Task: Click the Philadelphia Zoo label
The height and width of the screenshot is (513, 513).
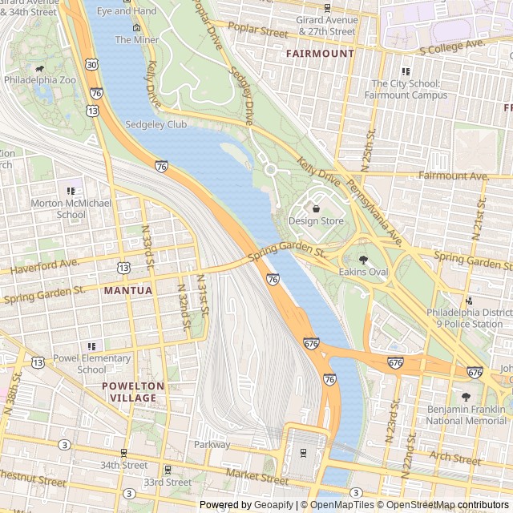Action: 39,81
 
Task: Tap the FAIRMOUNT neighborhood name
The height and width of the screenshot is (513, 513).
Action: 320,54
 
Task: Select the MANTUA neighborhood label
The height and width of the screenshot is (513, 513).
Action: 127,290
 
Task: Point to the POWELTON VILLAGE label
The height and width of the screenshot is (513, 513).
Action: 133,392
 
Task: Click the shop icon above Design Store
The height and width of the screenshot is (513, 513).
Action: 316,208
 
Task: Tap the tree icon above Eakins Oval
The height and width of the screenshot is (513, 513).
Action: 363,259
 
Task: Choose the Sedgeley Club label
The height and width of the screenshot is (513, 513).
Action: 156,125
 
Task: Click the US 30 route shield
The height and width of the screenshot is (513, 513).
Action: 93,63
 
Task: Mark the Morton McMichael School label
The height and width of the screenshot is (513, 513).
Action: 71,209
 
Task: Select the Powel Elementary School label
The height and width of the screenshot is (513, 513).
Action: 91,364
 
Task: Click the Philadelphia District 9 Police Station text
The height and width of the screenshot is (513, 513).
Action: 465,318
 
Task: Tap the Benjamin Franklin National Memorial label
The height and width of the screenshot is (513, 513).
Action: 466,414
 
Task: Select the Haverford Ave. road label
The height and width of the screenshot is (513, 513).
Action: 45,264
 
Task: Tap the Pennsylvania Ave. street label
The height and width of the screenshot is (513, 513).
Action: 374,213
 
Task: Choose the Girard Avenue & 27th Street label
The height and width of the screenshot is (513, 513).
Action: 327,26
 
